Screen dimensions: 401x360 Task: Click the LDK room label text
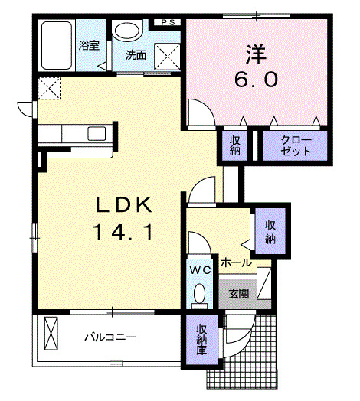126,204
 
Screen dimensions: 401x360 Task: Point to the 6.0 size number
256,79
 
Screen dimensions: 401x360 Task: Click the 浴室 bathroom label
89,45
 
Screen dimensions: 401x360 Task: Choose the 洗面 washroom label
136,55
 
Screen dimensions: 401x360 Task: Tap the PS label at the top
167,22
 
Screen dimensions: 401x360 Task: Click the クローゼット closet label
296,145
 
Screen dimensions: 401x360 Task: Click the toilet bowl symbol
200,295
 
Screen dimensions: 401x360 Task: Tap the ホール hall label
236,262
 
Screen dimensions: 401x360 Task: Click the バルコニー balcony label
110,337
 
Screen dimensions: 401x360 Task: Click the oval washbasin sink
126,31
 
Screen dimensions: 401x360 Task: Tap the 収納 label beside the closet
234,145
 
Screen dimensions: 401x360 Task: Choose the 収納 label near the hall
271,232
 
